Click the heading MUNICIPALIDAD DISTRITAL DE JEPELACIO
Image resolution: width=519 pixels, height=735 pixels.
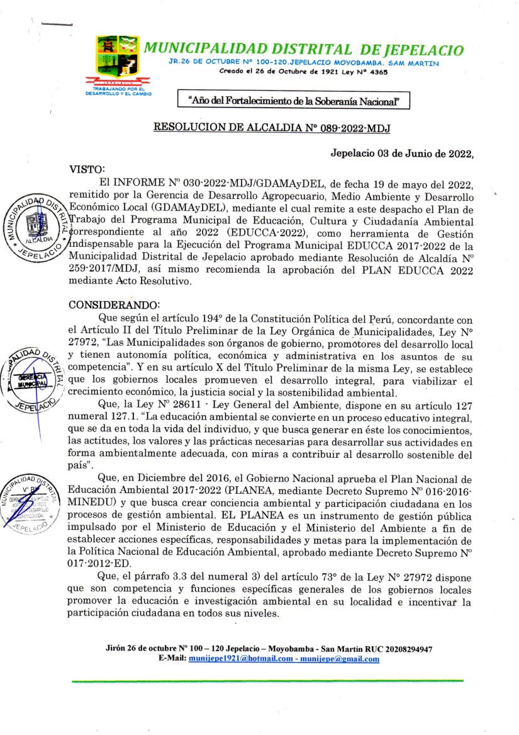point(304,50)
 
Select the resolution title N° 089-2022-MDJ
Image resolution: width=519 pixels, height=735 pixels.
point(272,128)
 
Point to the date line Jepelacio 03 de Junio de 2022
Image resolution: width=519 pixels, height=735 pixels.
point(401,154)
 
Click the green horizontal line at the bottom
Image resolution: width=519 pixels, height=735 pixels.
point(267,681)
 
